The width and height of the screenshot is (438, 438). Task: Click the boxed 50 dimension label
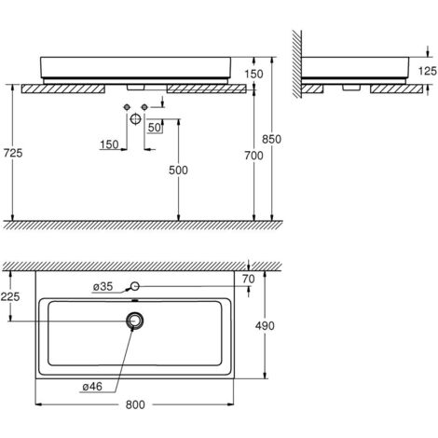[x=155, y=127]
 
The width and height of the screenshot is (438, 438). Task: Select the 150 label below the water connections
[x=108, y=145]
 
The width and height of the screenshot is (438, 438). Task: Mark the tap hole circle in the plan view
[x=136, y=286]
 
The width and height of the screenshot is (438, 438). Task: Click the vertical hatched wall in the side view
[x=294, y=65]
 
